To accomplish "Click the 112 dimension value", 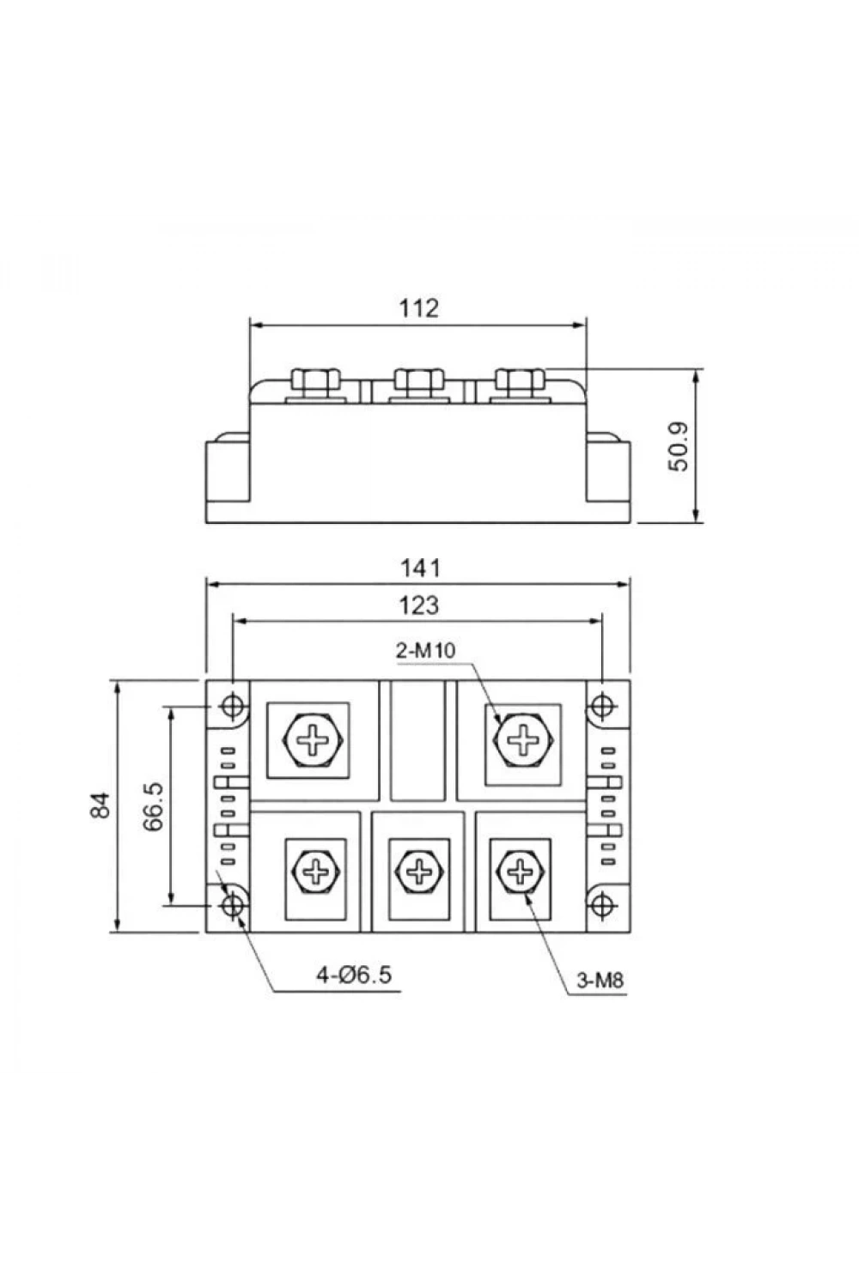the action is click(x=419, y=308).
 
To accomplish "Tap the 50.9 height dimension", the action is click(x=679, y=447).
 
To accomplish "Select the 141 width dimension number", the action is click(x=420, y=568).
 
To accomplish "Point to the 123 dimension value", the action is click(x=419, y=605).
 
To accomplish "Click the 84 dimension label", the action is click(x=101, y=805).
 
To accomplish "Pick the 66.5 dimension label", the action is click(x=153, y=806).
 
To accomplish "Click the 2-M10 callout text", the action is click(x=425, y=650).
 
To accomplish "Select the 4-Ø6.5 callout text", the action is click(x=354, y=975).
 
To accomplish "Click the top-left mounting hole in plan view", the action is click(x=233, y=706).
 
